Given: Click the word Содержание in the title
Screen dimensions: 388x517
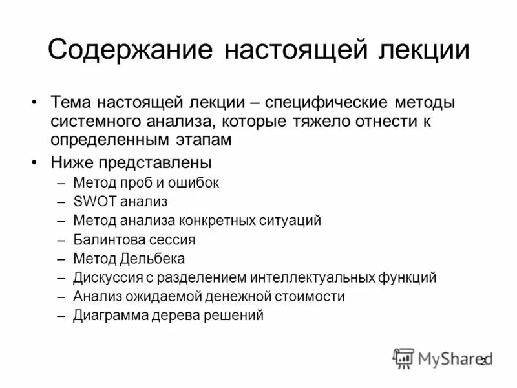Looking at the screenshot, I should point(130,50).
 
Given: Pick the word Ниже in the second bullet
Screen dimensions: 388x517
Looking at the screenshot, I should point(70,162).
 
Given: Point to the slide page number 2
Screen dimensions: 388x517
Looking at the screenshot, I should point(482,361).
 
